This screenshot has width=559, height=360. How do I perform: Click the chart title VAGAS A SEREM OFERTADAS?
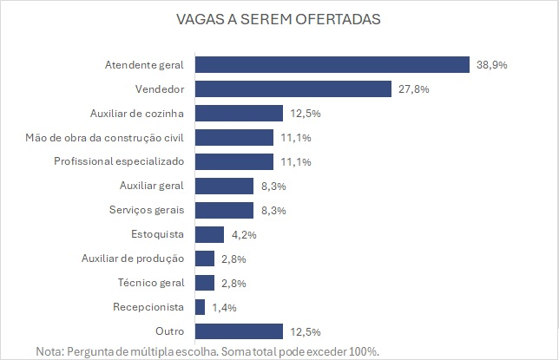tap(279, 19)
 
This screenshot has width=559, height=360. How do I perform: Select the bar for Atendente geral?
tap(332, 64)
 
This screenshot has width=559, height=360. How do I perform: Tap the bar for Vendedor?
tap(293, 88)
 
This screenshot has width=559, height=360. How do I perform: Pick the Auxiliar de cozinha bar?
tap(240, 113)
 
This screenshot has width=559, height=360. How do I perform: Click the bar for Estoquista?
tap(210, 234)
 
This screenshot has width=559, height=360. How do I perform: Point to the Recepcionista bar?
tap(201, 307)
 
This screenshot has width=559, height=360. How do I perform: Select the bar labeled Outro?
tap(240, 331)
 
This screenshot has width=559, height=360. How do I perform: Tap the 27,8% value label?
tap(413, 88)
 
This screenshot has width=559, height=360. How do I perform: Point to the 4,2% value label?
tap(243, 234)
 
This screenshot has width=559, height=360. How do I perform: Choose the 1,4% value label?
tap(224, 307)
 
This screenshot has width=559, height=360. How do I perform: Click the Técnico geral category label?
tap(152, 283)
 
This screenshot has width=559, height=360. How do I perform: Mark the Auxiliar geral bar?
tap(225, 186)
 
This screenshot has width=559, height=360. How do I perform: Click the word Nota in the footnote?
tap(50, 350)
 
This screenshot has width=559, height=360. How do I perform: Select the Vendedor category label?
tap(162, 88)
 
